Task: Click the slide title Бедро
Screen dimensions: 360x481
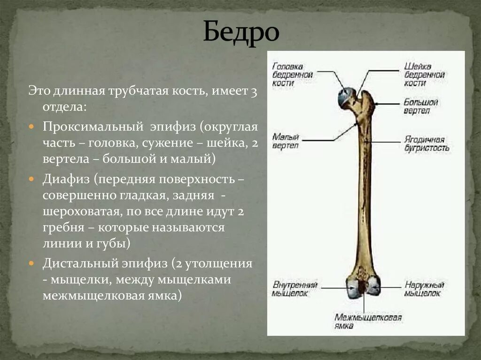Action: [240, 32]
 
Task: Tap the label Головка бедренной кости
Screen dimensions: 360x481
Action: [292, 75]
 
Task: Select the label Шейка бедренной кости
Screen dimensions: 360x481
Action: [424, 75]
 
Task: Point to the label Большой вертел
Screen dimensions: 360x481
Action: [421, 107]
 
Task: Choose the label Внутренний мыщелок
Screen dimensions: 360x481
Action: [295, 289]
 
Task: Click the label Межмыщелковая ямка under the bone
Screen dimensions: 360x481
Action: [368, 322]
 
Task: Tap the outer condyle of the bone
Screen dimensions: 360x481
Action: [374, 285]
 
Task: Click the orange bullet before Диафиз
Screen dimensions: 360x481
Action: [31, 179]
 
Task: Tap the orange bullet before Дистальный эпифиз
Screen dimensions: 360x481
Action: [31, 263]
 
